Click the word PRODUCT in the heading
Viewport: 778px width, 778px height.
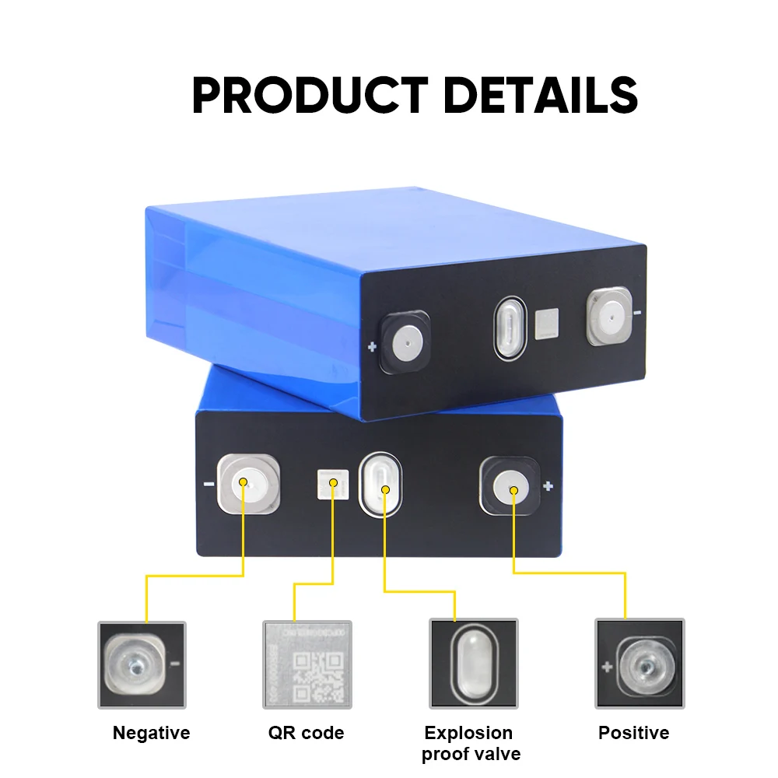pyautogui.click(x=309, y=96)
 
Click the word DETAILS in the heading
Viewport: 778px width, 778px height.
pyautogui.click(x=540, y=96)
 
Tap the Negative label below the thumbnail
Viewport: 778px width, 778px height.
pyautogui.click(x=151, y=733)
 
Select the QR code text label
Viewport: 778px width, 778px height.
pyautogui.click(x=306, y=733)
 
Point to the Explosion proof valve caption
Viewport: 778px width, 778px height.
pyautogui.click(x=471, y=743)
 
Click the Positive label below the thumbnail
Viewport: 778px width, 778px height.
pyautogui.click(x=633, y=733)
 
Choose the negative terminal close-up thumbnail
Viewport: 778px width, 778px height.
pyautogui.click(x=142, y=664)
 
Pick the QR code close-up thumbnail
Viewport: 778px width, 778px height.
pyautogui.click(x=307, y=664)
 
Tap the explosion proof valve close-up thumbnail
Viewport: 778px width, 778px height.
pyautogui.click(x=473, y=664)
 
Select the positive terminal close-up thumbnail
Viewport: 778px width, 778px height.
pyautogui.click(x=640, y=664)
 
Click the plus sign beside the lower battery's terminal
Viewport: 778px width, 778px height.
pyautogui.click(x=548, y=487)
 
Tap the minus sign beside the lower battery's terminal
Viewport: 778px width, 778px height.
pyautogui.click(x=209, y=483)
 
